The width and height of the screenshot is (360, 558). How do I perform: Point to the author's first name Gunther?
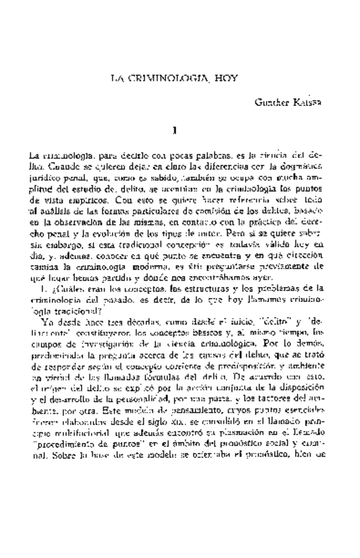coord(270,104)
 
